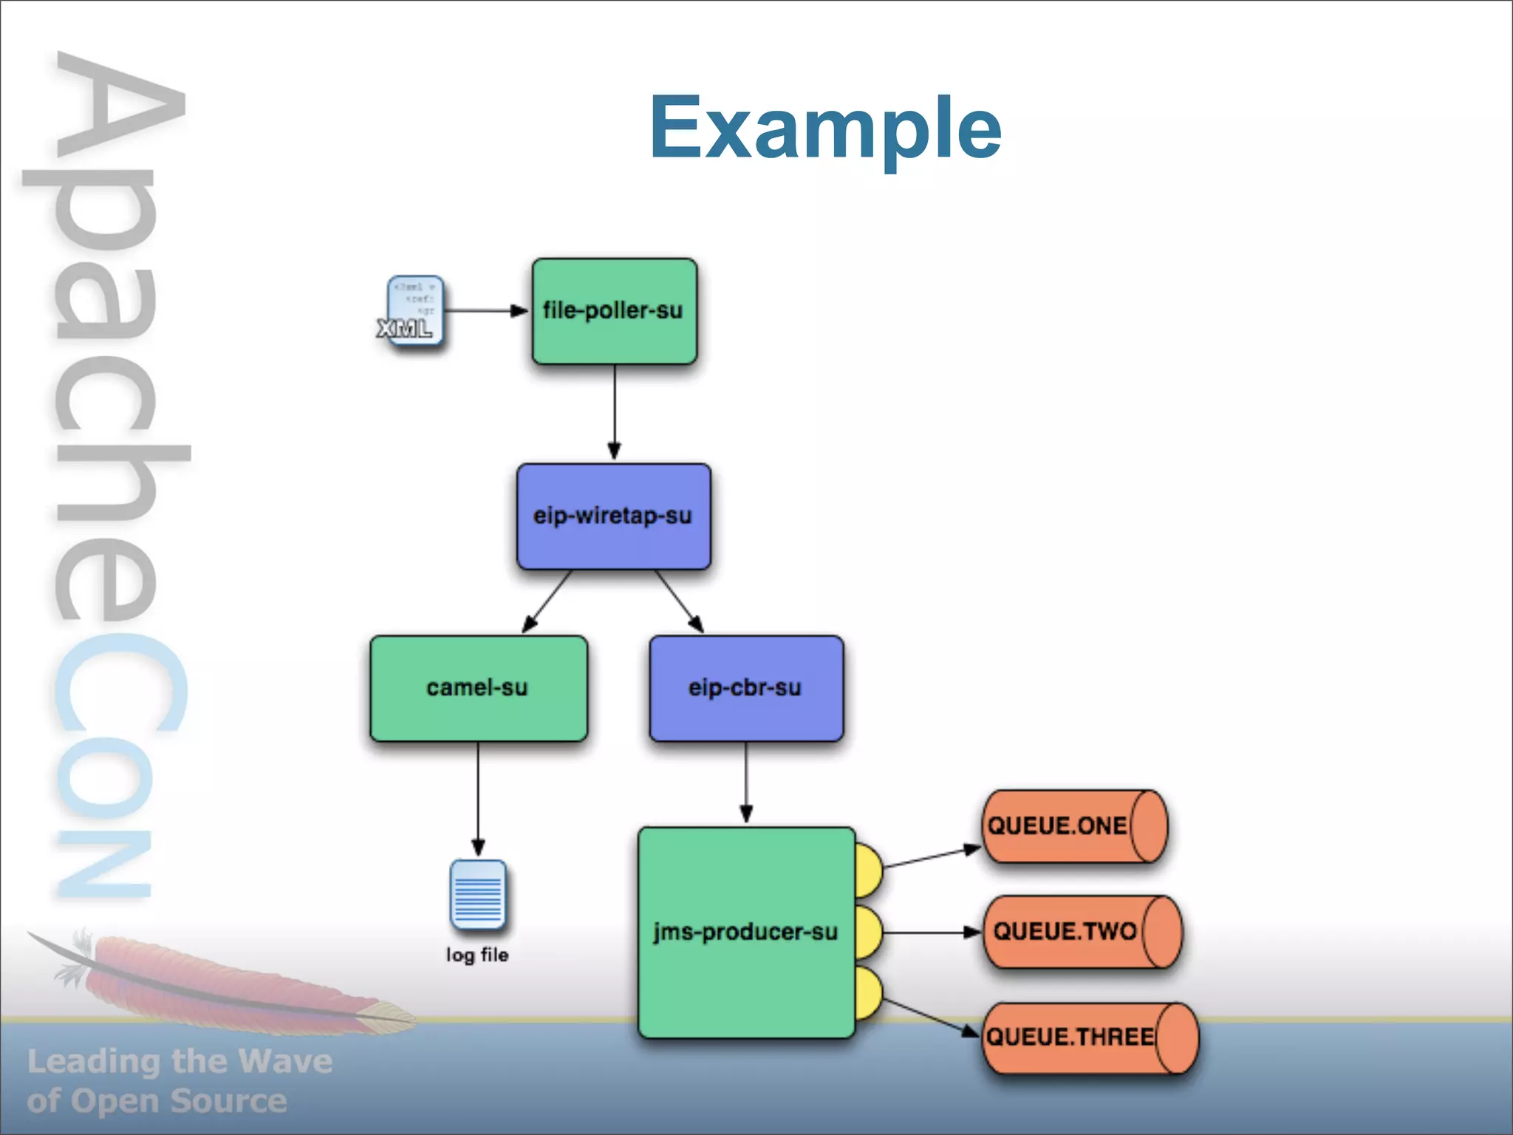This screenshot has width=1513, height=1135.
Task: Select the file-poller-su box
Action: pos(614,311)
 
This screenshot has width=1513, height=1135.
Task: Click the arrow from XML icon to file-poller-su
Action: pos(484,311)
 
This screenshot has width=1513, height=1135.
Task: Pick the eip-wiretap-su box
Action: pos(613,516)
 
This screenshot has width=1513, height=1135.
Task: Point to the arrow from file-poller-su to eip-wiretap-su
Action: pos(614,411)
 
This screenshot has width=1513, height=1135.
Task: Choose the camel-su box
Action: pos(478,688)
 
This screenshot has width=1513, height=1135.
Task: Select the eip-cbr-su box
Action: pos(745,688)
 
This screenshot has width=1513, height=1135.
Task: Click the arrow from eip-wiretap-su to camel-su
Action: pos(547,601)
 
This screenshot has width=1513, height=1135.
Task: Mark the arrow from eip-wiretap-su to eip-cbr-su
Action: pos(678,601)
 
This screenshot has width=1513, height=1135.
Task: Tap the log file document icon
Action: pos(478,894)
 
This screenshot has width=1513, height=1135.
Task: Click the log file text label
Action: pos(477,955)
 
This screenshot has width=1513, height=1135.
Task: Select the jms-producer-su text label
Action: pos(745,932)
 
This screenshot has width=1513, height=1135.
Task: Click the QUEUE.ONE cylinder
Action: pos(1075,826)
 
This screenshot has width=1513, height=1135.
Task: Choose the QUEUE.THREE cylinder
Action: pos(1090,1037)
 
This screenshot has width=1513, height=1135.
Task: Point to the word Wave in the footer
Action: pos(285,1062)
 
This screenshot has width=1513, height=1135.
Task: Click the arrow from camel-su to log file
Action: pos(478,798)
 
